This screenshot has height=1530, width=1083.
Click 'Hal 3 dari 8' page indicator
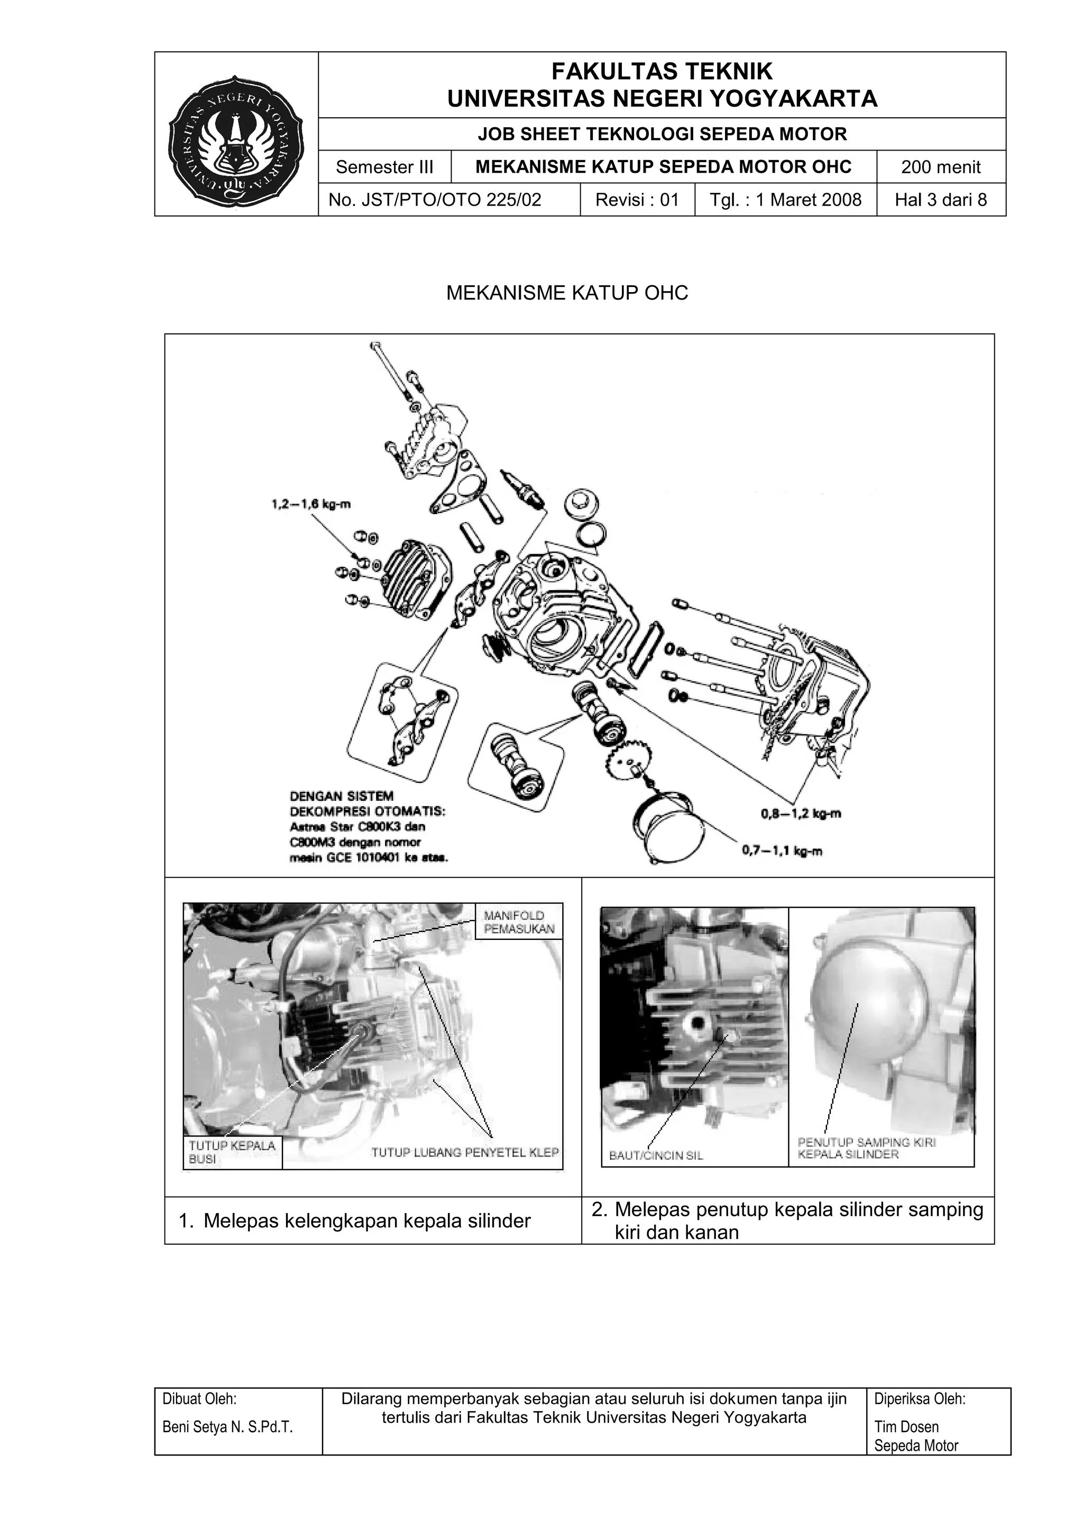(940, 200)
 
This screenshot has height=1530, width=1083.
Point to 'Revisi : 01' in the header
(637, 200)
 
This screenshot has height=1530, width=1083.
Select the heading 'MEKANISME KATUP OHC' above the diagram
(567, 293)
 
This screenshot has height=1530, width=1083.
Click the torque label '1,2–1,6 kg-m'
(311, 505)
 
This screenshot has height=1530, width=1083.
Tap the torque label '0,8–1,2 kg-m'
(800, 814)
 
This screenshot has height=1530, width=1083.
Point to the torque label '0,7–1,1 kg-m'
(782, 852)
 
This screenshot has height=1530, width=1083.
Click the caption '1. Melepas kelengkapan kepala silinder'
(367, 1221)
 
